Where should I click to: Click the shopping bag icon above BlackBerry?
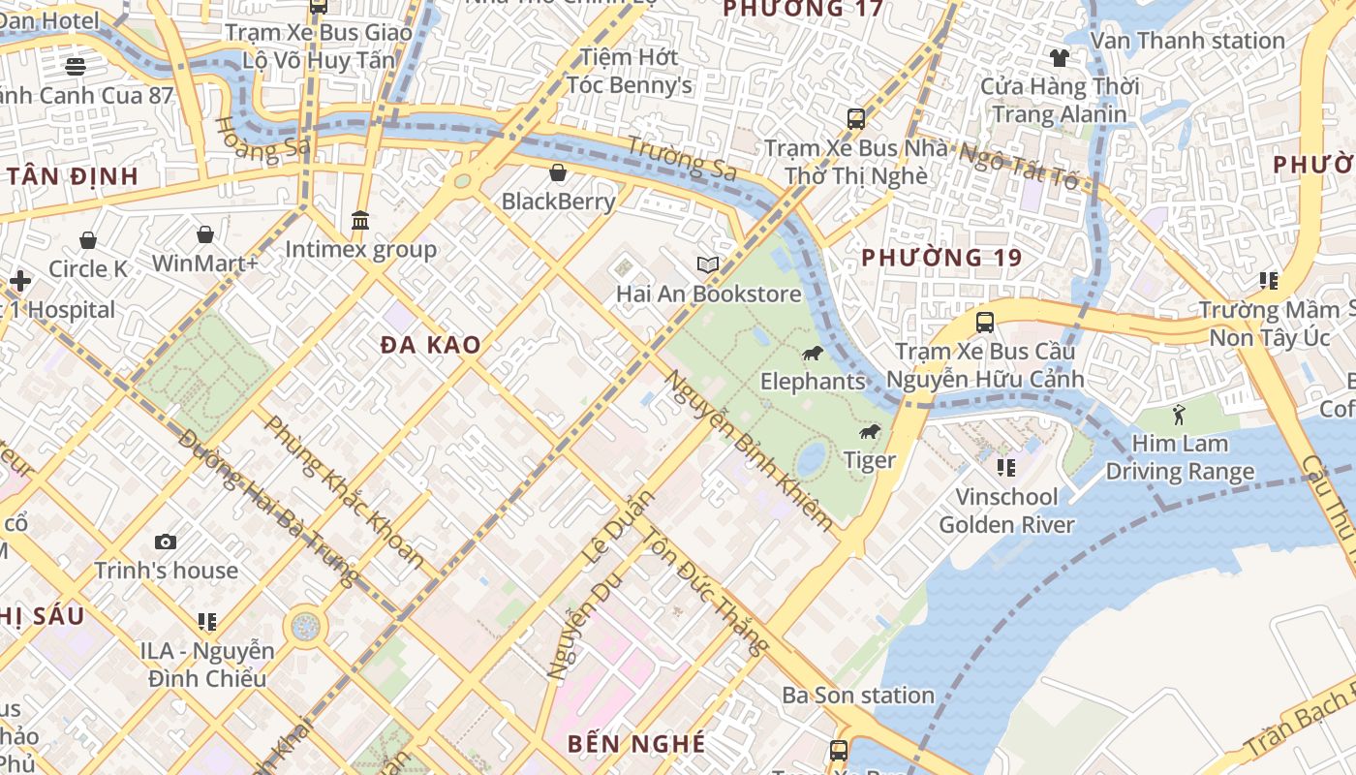558,173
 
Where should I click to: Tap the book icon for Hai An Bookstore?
708,264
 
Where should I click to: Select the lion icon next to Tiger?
870,431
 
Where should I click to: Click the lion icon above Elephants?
813,353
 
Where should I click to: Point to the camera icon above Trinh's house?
166,542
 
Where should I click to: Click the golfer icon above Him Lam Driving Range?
1179,416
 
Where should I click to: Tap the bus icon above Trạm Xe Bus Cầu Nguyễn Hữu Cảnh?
985,323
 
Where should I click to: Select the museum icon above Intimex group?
361,221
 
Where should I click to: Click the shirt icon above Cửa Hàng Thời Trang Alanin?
1060,58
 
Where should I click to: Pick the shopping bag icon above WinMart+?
205,234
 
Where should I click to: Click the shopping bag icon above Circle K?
88,240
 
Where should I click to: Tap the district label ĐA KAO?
430,345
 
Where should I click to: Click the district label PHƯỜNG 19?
941,258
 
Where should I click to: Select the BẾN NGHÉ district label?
636,744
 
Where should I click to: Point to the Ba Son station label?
858,696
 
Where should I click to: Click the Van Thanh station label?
1187,41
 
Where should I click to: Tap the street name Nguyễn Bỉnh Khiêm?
748,450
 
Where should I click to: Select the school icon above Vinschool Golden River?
1006,468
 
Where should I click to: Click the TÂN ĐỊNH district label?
73,176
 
